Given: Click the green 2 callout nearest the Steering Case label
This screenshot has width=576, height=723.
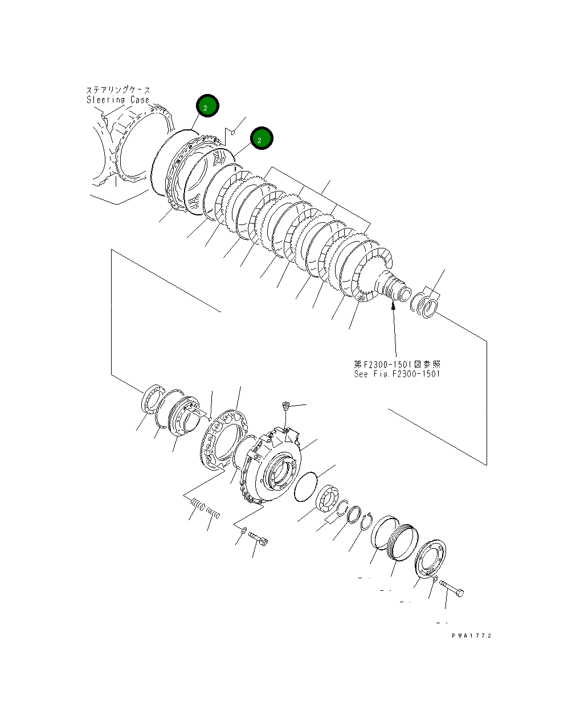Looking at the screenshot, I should (207, 106).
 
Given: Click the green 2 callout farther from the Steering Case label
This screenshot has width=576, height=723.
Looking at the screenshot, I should (261, 139).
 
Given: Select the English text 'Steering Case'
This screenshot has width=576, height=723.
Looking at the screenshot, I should (118, 100).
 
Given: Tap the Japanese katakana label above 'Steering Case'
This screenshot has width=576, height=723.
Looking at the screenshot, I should (118, 90).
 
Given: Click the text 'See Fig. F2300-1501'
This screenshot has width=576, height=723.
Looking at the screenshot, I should (397, 374).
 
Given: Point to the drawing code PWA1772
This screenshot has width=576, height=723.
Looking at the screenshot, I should (471, 635).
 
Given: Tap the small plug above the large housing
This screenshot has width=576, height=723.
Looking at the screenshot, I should (286, 406).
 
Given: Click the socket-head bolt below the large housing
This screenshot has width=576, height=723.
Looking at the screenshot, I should (259, 538).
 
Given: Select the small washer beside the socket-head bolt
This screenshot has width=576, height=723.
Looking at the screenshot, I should (244, 530).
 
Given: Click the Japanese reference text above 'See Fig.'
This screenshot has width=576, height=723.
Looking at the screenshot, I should (397, 364).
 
